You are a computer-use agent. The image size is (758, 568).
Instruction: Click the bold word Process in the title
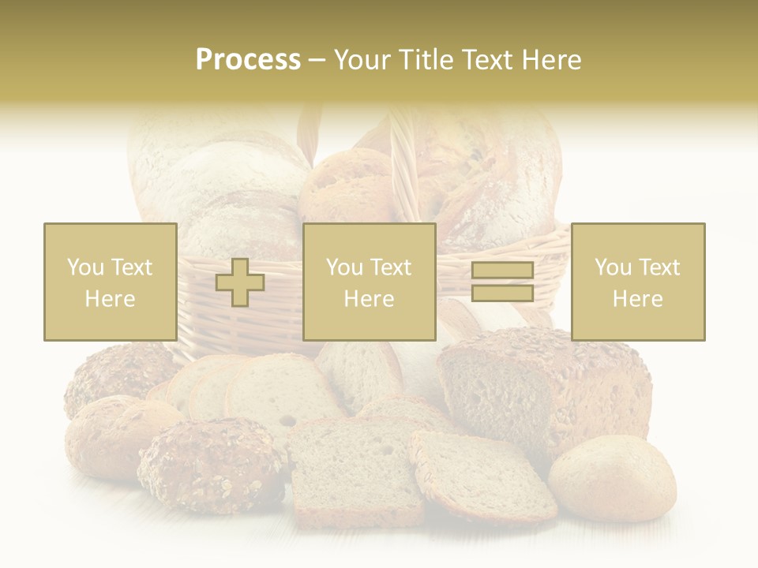click(x=248, y=60)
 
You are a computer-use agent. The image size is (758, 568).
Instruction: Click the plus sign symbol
click(x=240, y=282)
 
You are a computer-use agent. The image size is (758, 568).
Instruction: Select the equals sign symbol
click(x=502, y=282)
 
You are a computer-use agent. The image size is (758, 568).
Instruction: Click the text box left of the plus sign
click(x=111, y=282)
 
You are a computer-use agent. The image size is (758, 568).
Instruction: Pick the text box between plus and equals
click(x=369, y=282)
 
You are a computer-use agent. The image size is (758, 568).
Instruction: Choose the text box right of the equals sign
click(x=638, y=282)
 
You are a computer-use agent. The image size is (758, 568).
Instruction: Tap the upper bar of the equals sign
click(x=502, y=271)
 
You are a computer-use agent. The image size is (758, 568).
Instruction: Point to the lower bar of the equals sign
click(x=502, y=293)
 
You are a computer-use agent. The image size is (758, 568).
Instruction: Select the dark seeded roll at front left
click(x=212, y=465)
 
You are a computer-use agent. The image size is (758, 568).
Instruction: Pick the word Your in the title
click(x=361, y=60)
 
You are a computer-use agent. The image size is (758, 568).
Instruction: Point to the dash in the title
click(x=317, y=61)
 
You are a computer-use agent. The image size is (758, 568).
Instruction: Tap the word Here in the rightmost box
click(x=638, y=299)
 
